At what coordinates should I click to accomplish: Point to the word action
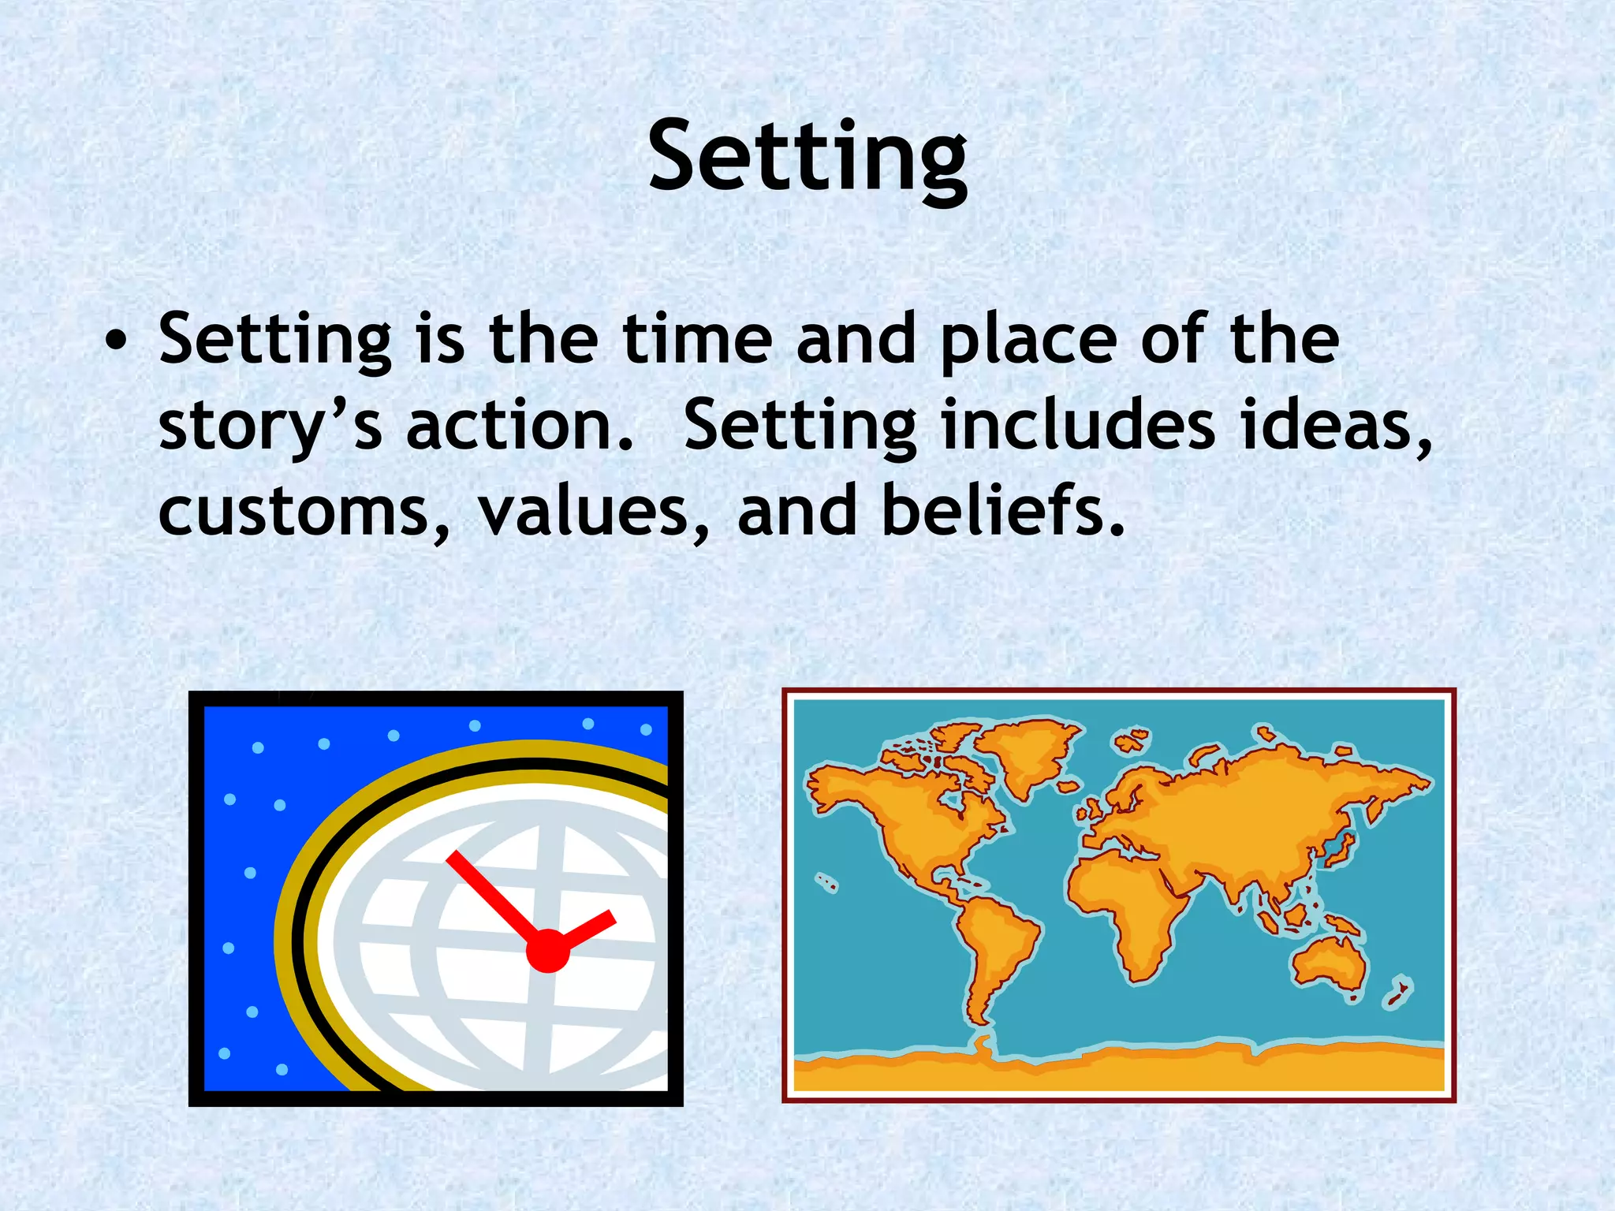pos(520,426)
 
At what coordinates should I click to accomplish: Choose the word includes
pos(1077,426)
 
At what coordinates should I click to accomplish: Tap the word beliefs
pos(1001,511)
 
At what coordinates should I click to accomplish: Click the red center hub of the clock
pos(547,950)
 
